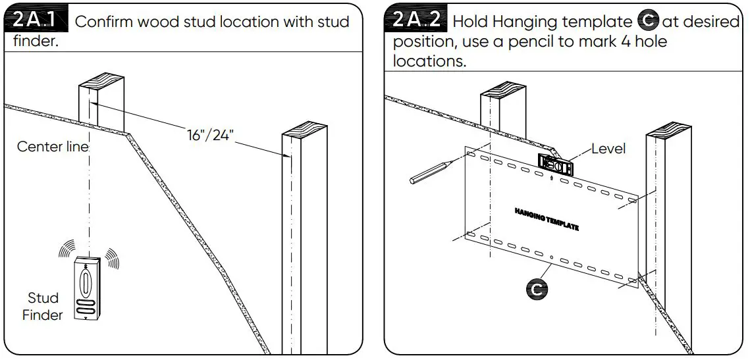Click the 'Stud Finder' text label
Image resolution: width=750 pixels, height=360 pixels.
(43, 307)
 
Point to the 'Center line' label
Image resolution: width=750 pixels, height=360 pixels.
(52, 146)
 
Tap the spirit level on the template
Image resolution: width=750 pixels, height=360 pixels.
(556, 163)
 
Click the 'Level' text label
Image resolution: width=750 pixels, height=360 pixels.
(608, 149)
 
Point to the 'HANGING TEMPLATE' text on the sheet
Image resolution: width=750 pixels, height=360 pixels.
(547, 219)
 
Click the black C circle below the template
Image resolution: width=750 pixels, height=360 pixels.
(536, 288)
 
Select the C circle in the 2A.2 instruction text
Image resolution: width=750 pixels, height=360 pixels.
(649, 22)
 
